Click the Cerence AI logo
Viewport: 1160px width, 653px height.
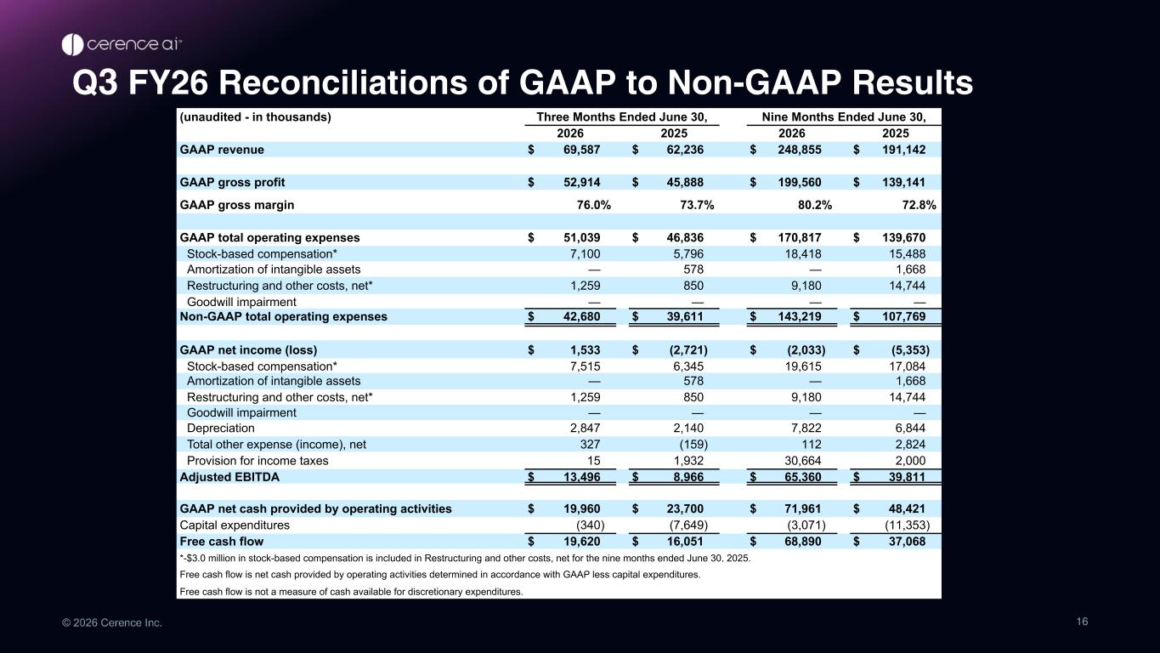[x=122, y=44]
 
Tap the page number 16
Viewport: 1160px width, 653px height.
[x=1083, y=622]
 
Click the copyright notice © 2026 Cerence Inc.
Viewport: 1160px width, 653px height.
[x=112, y=622]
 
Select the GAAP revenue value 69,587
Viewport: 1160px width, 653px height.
[x=581, y=150]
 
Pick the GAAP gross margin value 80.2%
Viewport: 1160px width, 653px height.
[x=815, y=205]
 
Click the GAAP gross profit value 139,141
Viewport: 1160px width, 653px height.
[x=903, y=183]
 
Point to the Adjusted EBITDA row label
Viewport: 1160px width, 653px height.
[x=229, y=477]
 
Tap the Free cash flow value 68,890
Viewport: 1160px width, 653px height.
[x=803, y=542]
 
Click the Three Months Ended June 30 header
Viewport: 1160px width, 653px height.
[x=621, y=117]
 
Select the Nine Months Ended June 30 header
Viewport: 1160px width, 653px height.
[x=844, y=117]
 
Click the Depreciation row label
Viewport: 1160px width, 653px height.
[x=221, y=428]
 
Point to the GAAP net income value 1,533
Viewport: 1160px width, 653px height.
[x=586, y=350]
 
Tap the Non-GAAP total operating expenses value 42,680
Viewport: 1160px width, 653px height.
[x=581, y=316]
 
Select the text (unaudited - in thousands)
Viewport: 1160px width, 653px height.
[x=255, y=117]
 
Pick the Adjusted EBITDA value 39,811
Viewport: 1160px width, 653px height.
[x=907, y=477]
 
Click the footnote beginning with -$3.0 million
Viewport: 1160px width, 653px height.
[x=465, y=558]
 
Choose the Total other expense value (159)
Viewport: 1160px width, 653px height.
[x=693, y=445]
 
